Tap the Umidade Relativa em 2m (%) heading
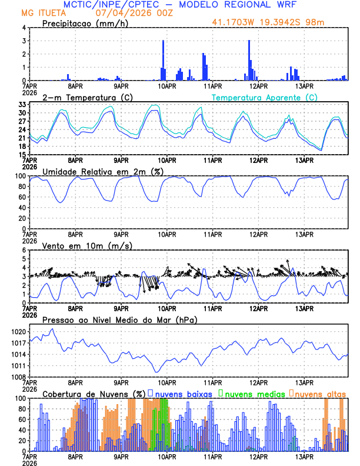(x=103, y=171)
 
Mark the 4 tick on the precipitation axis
(x=24, y=28)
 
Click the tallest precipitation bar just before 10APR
(x=163, y=60)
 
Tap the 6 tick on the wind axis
(x=24, y=250)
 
